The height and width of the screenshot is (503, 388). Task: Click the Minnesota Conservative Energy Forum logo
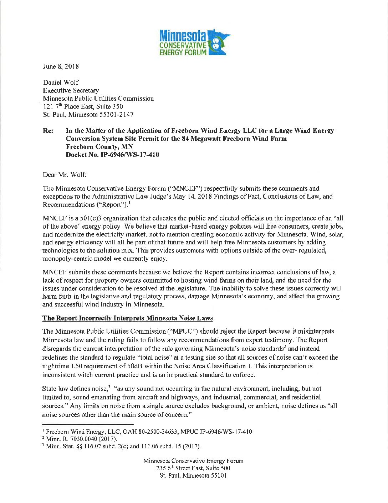coord(194,42)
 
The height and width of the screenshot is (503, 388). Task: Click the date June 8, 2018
coord(61,66)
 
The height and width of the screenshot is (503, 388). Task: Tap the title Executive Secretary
coord(71,90)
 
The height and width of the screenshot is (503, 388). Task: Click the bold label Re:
coord(48,131)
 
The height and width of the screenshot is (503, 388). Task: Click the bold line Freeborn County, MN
coord(99,147)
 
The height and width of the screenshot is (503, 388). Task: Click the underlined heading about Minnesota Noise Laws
coord(127,318)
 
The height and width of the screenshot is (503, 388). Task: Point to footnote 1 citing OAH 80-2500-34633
coord(149,432)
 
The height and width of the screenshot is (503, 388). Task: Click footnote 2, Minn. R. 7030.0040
coord(81,439)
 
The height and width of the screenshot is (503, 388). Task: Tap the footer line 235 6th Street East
coord(193,468)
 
